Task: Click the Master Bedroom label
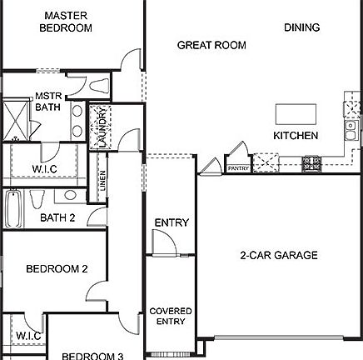[x=66, y=22]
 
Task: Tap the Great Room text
[x=211, y=45]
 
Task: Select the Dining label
[x=301, y=27]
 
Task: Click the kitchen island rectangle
[x=296, y=113]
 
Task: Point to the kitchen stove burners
[x=311, y=162]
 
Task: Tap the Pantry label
[x=238, y=167]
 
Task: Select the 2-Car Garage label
[x=279, y=255]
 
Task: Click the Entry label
[x=172, y=223]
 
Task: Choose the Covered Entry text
[x=171, y=316]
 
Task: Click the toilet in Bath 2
[x=37, y=201]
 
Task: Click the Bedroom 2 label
[x=57, y=268]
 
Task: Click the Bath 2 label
[x=57, y=218]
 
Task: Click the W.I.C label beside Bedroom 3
[x=22, y=336]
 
